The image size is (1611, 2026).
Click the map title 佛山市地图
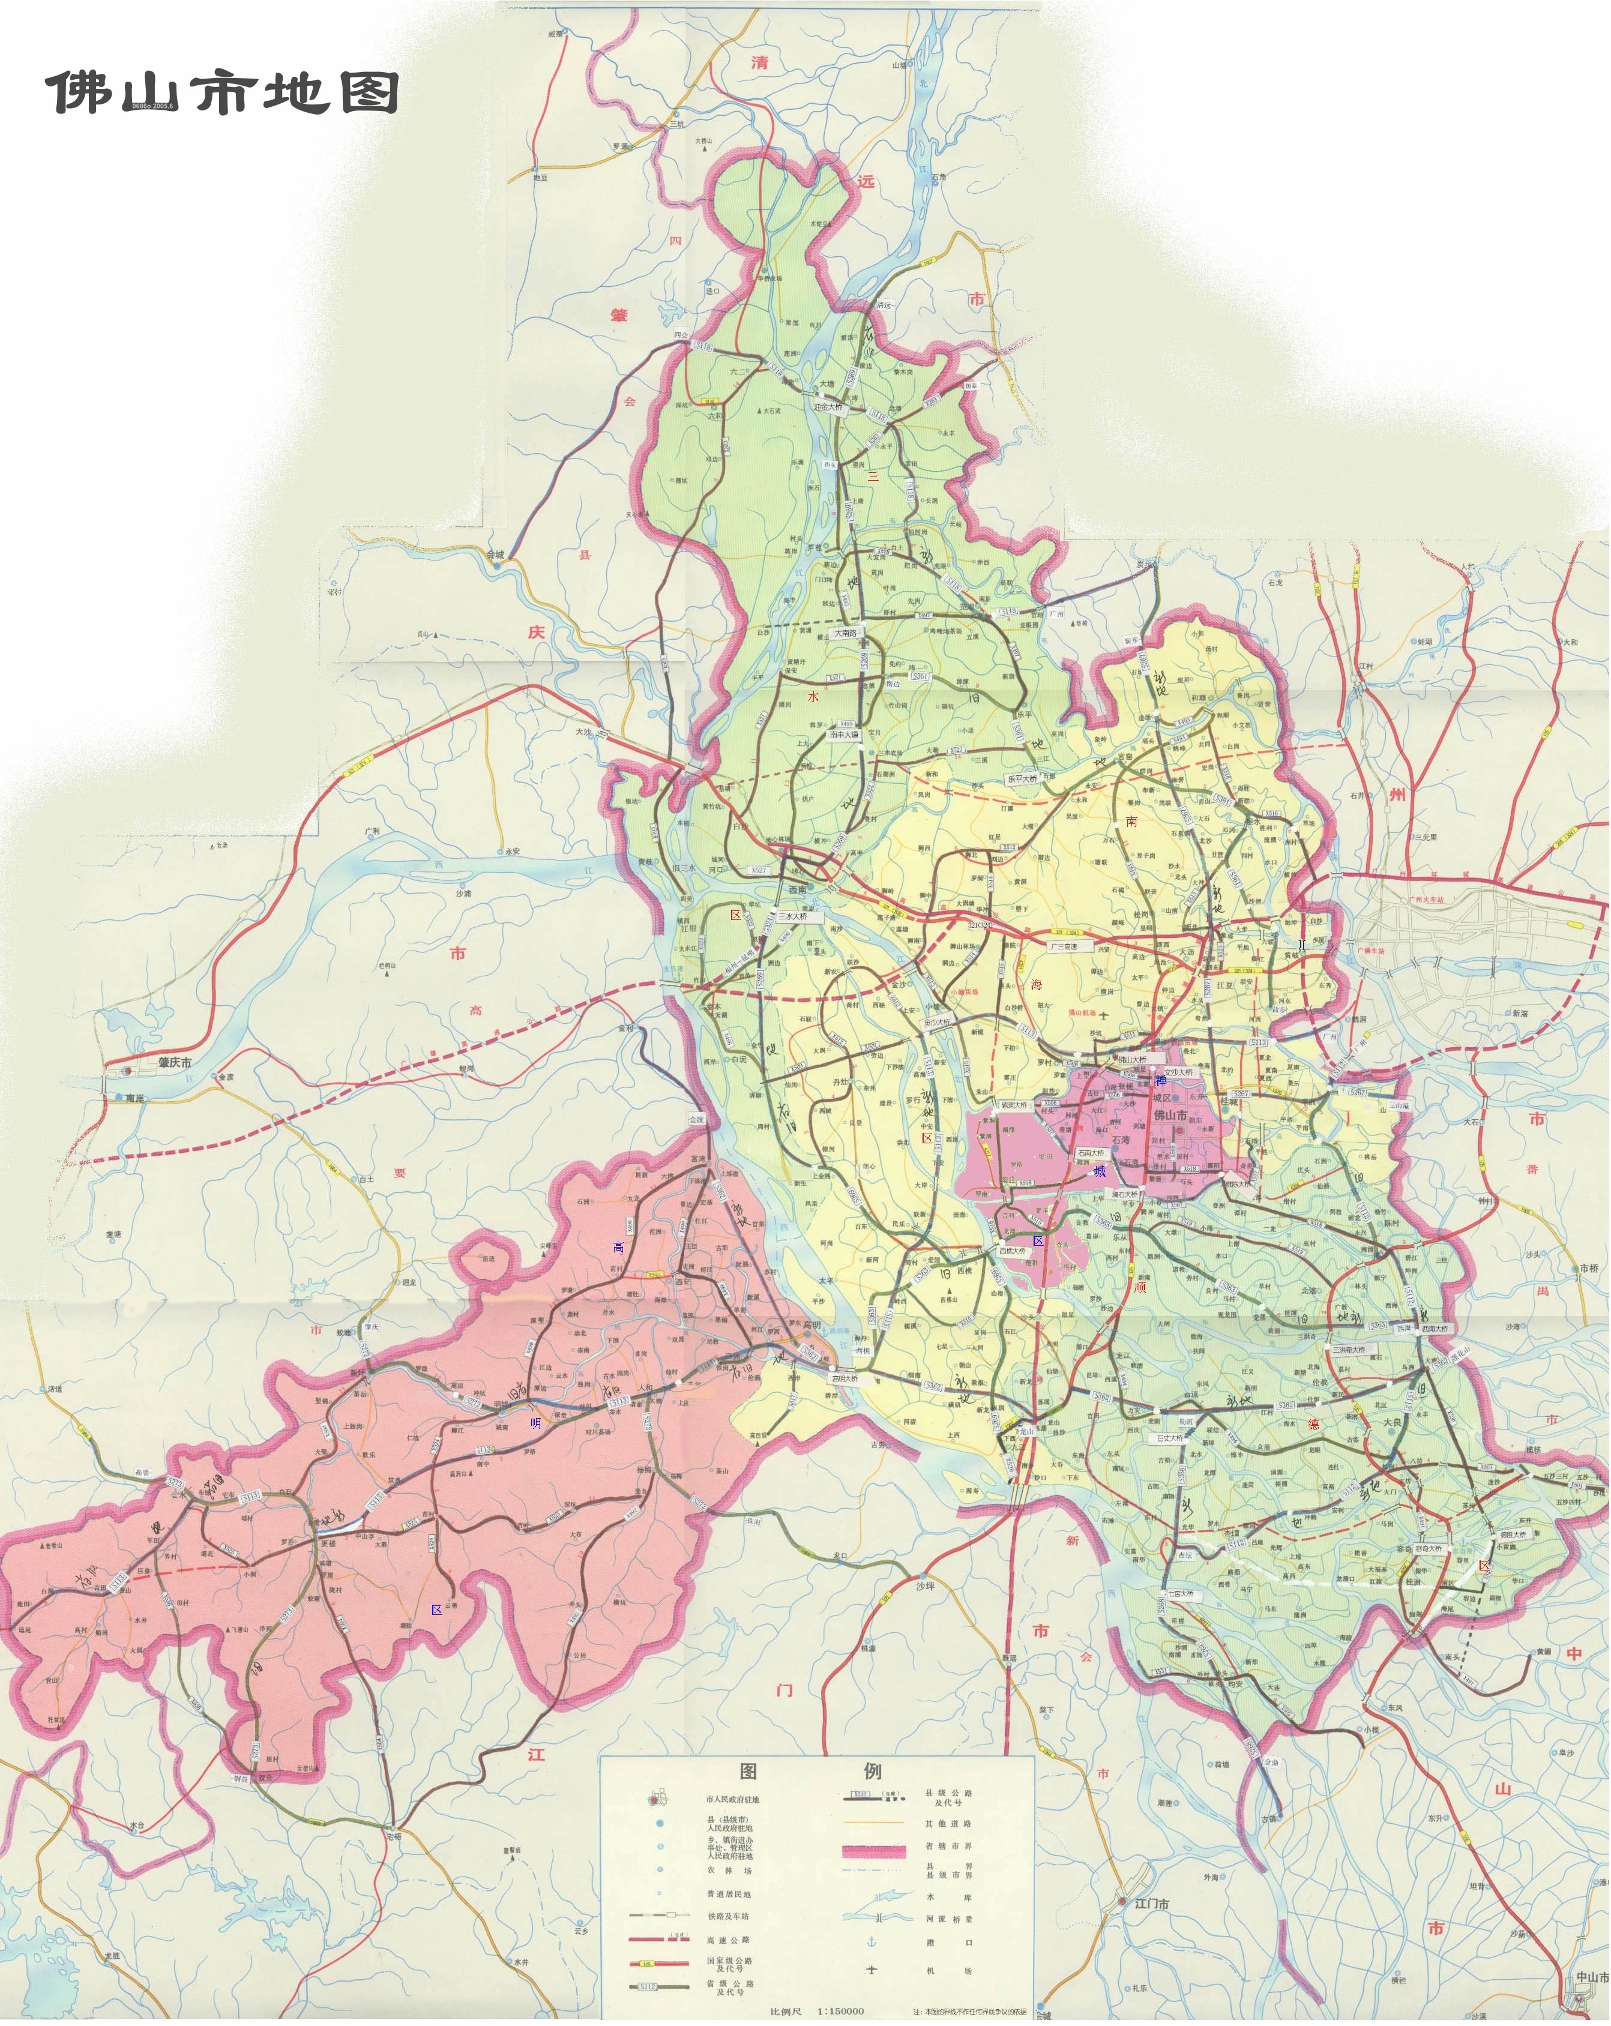click(223, 92)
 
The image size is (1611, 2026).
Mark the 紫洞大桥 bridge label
click(1014, 1105)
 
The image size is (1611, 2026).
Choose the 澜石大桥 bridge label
click(1124, 1194)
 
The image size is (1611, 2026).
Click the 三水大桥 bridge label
click(792, 916)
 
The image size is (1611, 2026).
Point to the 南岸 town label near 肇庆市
click(134, 1096)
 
